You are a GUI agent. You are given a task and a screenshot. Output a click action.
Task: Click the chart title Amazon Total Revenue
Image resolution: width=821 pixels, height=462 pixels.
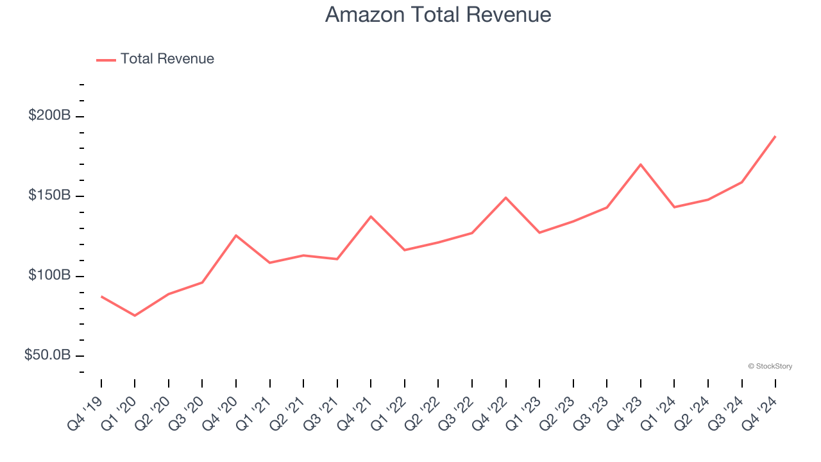point(438,14)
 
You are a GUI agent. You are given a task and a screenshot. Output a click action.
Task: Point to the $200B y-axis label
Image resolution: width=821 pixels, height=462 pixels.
point(49,116)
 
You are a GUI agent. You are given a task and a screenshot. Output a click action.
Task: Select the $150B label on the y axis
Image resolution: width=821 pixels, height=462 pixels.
point(49,196)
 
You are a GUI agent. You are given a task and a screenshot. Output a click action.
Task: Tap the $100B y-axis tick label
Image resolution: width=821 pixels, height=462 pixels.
point(49,276)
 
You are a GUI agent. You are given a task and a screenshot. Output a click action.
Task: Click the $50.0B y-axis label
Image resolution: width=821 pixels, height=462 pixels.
point(47,355)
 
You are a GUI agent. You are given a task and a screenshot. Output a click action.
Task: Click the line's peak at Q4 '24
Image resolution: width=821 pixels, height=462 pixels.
point(775,136)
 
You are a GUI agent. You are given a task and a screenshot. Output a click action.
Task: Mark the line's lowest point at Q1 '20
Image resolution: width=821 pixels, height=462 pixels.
point(135,316)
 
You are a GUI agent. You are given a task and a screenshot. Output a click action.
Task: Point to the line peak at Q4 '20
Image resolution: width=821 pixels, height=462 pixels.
point(236,235)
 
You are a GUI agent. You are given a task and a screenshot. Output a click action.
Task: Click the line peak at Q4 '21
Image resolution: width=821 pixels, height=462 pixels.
point(371,216)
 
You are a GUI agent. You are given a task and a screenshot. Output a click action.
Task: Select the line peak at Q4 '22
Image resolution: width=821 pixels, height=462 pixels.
point(506,198)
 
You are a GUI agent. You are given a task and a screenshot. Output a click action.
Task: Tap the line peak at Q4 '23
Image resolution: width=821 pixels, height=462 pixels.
point(641,164)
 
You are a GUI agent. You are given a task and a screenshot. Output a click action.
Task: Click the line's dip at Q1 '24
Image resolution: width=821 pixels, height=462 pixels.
point(674,207)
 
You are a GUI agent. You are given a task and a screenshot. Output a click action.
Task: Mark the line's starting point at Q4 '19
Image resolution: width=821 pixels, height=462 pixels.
point(101,296)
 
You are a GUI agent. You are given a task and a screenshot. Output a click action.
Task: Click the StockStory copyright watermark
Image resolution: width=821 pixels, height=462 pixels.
point(770,366)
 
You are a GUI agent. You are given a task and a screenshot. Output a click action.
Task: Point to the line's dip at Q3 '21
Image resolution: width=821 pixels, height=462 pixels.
point(337,259)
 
